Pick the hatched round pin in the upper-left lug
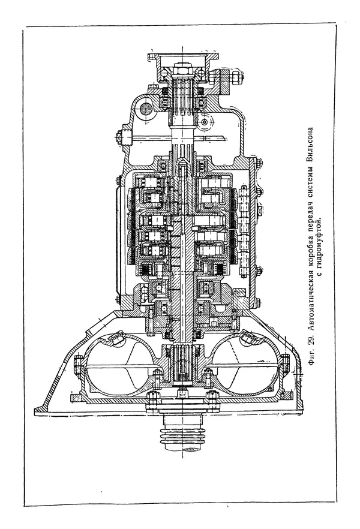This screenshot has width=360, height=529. point(145,108)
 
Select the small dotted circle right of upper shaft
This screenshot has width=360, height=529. point(205,122)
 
